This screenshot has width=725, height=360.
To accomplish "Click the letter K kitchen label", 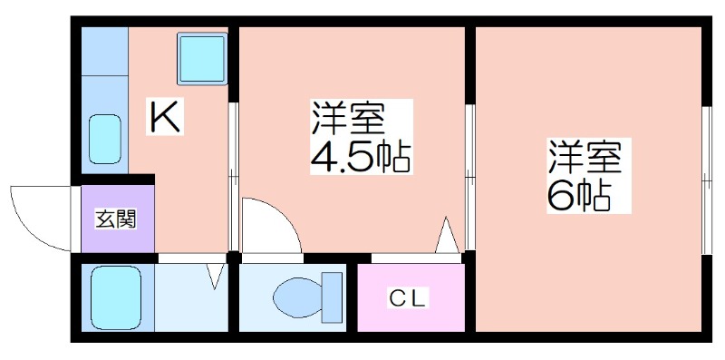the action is coord(166,116).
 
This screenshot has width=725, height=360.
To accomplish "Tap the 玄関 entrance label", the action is coord(116,219).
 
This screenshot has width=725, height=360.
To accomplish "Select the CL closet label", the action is coord(407,299).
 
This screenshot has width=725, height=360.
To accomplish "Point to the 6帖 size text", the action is coord(579,196).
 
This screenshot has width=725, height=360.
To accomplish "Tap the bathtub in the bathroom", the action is coord(116,297).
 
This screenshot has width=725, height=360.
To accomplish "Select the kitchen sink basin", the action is coord(105,140).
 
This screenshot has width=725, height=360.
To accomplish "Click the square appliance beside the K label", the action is coord(202,58).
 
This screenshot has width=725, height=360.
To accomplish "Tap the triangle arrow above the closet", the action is coord(447,235).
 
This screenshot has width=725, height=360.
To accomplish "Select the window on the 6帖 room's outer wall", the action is coord(707,180).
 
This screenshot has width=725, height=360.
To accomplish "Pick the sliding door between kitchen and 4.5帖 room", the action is coord(234,176).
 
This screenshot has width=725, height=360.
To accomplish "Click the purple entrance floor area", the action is coord(118,219).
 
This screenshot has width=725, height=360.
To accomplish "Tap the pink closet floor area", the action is coord(411,297).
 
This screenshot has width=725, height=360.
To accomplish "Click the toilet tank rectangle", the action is coord(332,297).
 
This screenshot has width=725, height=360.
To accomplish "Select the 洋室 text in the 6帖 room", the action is coord(584,157).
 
